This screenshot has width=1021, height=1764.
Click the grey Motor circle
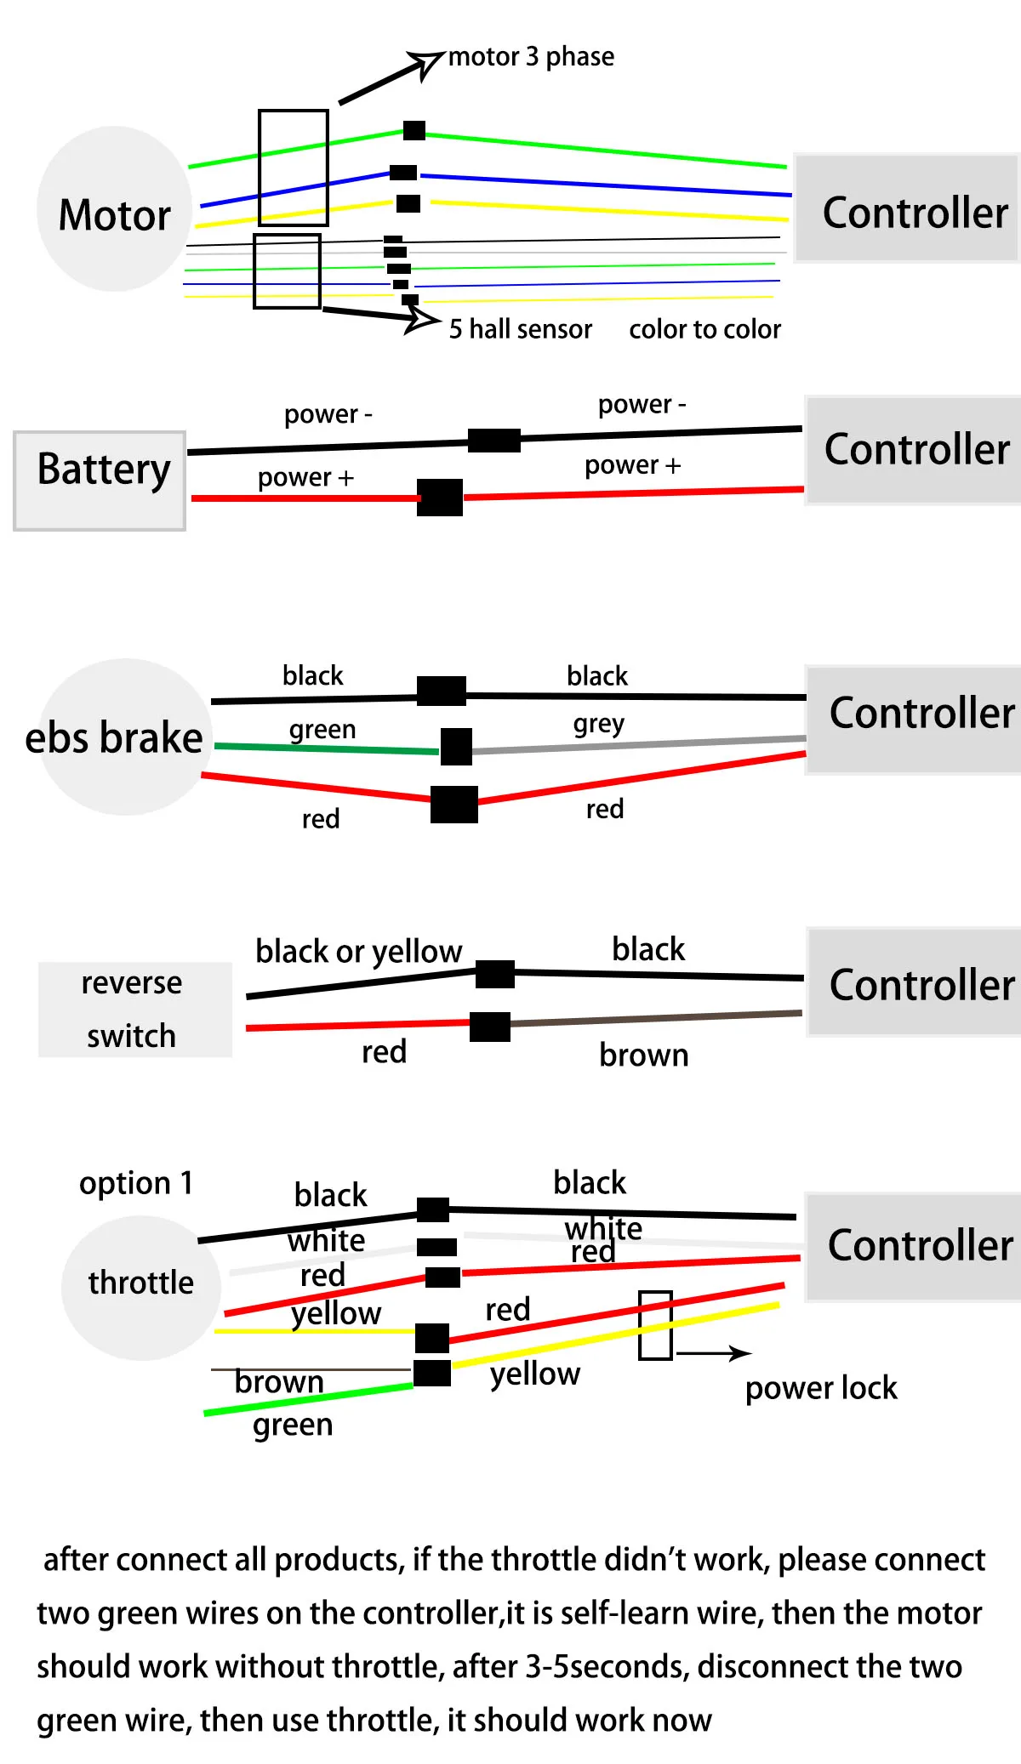(x=114, y=209)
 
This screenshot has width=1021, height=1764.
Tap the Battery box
(x=100, y=481)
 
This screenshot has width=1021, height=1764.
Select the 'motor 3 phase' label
(x=531, y=57)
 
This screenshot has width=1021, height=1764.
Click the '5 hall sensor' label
(x=520, y=329)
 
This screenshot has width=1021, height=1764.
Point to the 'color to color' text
(x=704, y=329)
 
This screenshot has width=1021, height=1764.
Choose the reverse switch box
(x=134, y=1010)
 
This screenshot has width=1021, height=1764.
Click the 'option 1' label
(x=136, y=1183)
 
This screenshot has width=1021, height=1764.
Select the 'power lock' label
(x=821, y=1388)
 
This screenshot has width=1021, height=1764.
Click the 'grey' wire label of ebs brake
(x=598, y=724)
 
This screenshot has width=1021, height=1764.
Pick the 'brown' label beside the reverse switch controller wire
(x=643, y=1056)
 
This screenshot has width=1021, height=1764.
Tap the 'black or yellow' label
(x=358, y=952)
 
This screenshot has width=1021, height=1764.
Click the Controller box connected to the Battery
(x=915, y=450)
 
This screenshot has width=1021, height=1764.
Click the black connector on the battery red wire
(x=440, y=498)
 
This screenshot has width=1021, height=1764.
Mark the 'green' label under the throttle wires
(x=292, y=1425)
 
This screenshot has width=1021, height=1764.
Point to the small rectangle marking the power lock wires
(x=655, y=1325)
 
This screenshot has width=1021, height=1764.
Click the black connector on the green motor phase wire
(x=414, y=130)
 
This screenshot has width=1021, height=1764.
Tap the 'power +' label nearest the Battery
(x=305, y=478)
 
